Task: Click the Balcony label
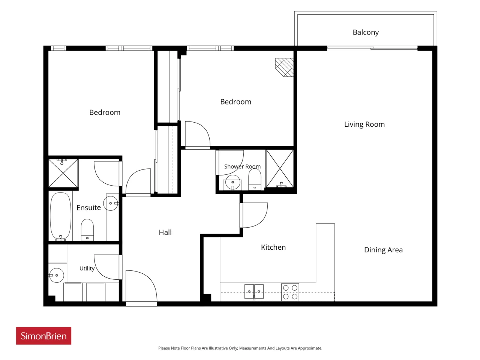click(365, 32)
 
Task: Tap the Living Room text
click(364, 124)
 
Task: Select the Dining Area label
click(383, 250)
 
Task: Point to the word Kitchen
click(273, 247)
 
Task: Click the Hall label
click(165, 232)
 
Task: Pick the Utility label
click(87, 268)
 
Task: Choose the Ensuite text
click(88, 207)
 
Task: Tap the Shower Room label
click(242, 166)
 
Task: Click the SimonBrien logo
click(43, 336)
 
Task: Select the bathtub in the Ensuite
click(61, 216)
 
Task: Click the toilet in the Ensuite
click(87, 230)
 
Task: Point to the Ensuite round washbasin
click(111, 203)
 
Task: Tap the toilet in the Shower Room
click(255, 179)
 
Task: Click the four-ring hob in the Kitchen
click(290, 292)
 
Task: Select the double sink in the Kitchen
click(254, 291)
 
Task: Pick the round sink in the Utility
click(56, 275)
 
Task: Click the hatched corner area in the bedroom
click(284, 67)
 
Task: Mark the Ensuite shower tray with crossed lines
click(63, 173)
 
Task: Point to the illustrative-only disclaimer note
click(240, 348)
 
